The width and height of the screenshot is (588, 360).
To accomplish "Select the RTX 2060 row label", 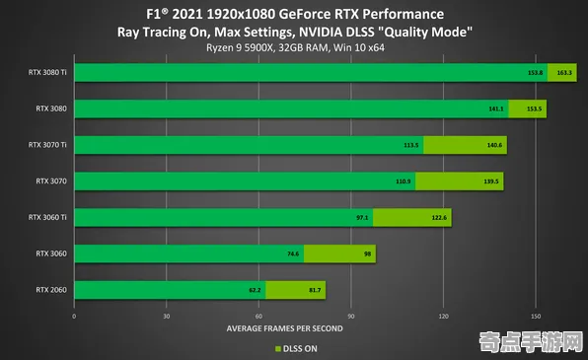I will point(51,289).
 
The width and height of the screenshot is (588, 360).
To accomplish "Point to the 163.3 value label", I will point(564,72).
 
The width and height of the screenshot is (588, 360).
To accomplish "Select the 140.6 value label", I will point(494,145).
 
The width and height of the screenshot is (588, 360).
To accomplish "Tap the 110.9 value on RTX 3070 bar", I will point(403,181).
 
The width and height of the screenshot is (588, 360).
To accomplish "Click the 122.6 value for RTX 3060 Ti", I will point(439,217).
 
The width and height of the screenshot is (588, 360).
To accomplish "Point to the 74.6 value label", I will point(293,253).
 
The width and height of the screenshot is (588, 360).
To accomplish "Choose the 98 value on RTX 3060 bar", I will point(367,253).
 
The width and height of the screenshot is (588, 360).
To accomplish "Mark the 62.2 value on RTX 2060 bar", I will point(256,290).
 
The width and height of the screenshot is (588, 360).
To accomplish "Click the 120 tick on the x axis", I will point(444,317).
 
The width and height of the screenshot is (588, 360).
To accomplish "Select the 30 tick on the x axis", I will point(167,317).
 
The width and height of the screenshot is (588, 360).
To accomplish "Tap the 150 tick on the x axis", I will point(536,317).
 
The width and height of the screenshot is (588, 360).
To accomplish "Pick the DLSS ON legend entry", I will point(297,347).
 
